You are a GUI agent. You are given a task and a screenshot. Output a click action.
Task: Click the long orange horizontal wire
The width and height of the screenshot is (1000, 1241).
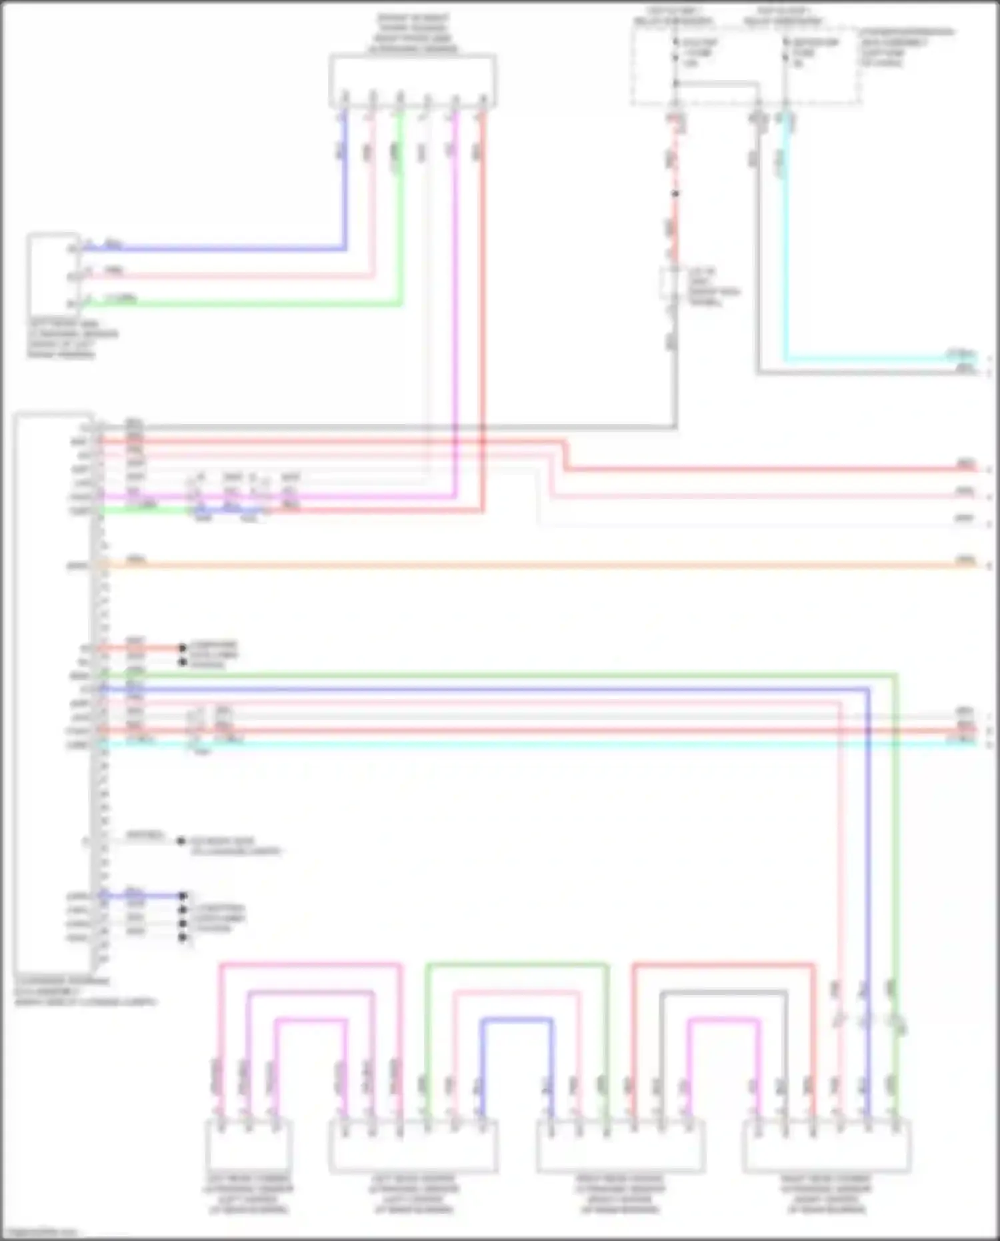coord(533,566)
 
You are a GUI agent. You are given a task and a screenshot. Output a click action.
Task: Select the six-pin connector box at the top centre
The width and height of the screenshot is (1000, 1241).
coord(413,81)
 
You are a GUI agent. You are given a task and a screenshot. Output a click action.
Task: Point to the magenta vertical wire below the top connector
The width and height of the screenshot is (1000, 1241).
coord(455,300)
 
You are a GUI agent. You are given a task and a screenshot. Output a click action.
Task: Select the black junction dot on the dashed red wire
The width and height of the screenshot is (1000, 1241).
coord(675,194)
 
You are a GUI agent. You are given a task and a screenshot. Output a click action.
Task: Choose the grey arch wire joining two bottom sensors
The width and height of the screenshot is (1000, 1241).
coord(724,994)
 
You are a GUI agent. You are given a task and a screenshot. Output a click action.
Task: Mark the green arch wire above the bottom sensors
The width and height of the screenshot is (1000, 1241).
coord(517,965)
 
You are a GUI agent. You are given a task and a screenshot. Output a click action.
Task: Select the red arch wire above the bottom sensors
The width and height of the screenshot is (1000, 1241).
coord(723,965)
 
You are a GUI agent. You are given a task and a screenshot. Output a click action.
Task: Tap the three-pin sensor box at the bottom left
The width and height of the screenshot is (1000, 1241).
coord(248,1144)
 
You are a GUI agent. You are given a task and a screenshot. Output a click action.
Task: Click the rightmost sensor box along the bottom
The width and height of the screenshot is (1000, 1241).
coord(827,1146)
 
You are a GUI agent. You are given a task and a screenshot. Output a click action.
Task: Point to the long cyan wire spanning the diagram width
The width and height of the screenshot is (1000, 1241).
coord(533,743)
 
